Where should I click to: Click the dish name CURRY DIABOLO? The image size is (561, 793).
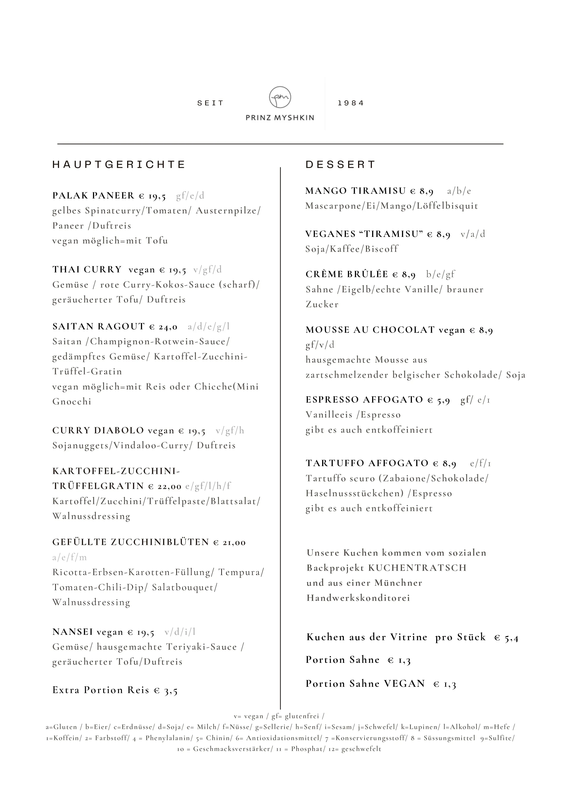click(x=98, y=431)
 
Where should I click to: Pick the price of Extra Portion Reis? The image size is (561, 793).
click(x=166, y=690)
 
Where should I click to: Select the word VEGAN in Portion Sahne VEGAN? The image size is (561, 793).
click(x=404, y=684)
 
